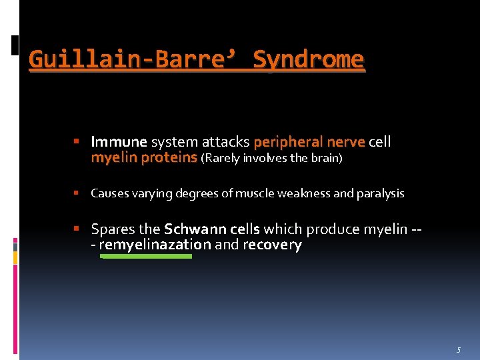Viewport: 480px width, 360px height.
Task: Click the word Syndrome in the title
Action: coord(309,60)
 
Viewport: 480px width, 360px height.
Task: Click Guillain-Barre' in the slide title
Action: coord(130,60)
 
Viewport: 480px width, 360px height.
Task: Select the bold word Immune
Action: coord(119,142)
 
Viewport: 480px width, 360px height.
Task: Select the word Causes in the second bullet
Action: coord(107,193)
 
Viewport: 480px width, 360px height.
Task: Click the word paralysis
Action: coord(381,193)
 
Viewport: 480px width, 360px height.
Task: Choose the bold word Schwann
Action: coord(192,229)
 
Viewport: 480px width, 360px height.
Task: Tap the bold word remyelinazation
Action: coord(155,245)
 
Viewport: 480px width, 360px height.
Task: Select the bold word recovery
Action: coord(272,245)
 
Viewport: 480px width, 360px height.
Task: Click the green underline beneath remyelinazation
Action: coord(146,256)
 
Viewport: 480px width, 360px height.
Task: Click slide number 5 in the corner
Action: coord(459,349)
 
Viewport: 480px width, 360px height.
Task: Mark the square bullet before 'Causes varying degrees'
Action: coord(77,193)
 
